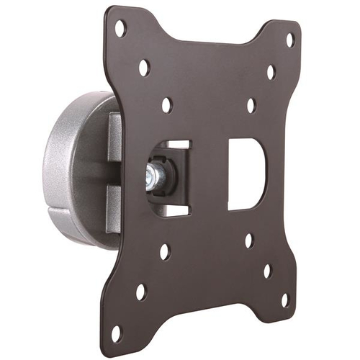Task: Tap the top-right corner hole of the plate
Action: pos(290,40)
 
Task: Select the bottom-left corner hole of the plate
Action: pos(115,333)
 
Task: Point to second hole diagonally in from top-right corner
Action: pos(271,72)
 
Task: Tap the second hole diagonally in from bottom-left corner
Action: pos(140,292)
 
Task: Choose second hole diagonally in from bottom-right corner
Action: pos(266,271)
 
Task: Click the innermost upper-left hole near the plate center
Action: pos(167,104)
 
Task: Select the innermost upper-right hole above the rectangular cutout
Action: pos(251,105)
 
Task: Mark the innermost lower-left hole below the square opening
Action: pos(165,251)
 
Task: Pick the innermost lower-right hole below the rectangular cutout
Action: pos(248,239)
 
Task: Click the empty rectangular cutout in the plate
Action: pos(242,173)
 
